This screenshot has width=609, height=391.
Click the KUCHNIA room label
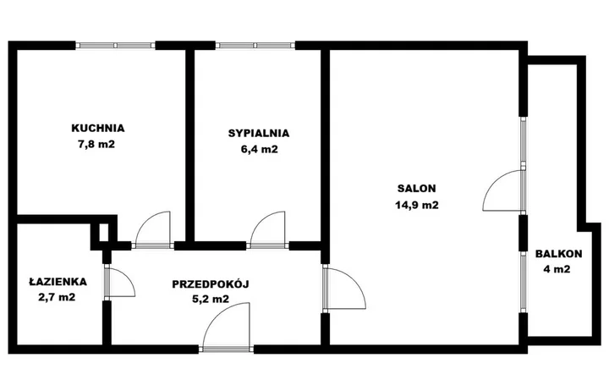click(x=98, y=128)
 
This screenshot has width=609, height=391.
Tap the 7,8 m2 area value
click(x=96, y=145)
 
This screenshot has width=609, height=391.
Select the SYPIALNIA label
click(x=259, y=134)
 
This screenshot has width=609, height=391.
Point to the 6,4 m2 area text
click(x=260, y=150)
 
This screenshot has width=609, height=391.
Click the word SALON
click(x=417, y=189)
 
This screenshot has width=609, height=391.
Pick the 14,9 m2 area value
click(x=417, y=205)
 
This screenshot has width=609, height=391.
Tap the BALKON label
click(x=559, y=254)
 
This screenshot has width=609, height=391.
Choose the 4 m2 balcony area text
click(x=557, y=269)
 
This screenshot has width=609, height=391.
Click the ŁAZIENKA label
click(x=58, y=281)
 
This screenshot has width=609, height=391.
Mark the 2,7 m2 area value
click(x=57, y=298)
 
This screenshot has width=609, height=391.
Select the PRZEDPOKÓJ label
click(x=211, y=284)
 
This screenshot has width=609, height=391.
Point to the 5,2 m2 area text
click(x=211, y=299)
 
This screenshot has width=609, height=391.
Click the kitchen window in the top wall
click(x=115, y=46)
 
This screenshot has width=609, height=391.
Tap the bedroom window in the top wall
click(x=255, y=46)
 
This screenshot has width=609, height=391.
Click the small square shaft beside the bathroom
click(x=104, y=233)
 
